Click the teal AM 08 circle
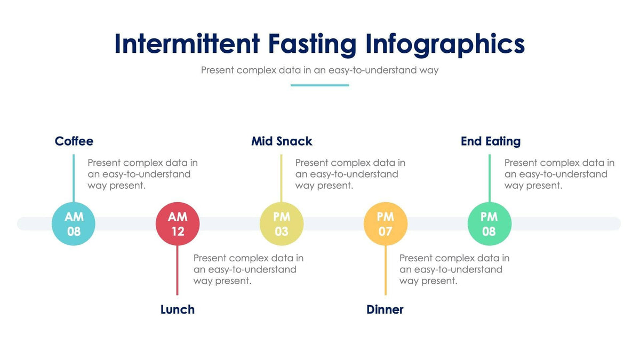click(x=74, y=223)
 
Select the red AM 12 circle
click(x=178, y=223)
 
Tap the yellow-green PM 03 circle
click(x=282, y=223)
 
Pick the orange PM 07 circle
click(x=385, y=223)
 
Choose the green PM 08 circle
click(x=489, y=223)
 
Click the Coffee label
click(x=74, y=141)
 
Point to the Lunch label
click(x=178, y=309)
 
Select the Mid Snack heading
click(x=282, y=141)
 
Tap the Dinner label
click(x=385, y=309)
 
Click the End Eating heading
click(x=491, y=141)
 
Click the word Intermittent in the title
click(x=187, y=44)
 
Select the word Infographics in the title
click(x=445, y=44)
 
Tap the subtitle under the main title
click(x=319, y=70)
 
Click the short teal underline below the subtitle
click(x=319, y=85)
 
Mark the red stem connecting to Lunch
click(x=177, y=272)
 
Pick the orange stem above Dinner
click(x=385, y=272)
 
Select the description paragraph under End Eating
click(x=559, y=174)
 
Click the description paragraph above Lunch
click(x=248, y=269)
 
